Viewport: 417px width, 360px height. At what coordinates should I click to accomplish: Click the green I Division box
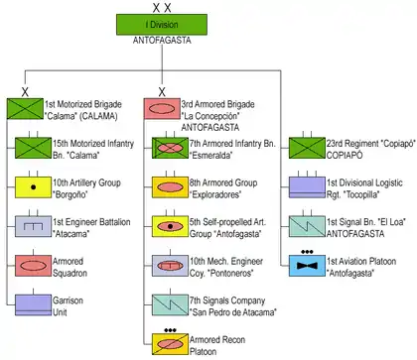pos(162,25)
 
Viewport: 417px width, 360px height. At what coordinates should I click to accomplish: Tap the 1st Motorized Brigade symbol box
pos(25,109)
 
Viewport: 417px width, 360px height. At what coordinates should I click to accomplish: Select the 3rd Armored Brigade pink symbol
pos(162,109)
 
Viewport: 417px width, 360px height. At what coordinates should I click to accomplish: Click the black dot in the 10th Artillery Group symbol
pos(33,187)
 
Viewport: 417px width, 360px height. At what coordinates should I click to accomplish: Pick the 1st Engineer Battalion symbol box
pos(33,226)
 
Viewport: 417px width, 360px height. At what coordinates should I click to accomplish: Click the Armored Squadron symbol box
pos(33,266)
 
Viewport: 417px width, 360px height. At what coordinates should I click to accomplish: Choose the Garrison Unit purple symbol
pos(33,304)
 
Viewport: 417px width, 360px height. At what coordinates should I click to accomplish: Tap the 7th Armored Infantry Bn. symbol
pos(170,148)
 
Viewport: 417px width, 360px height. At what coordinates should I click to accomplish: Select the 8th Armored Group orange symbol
pos(170,187)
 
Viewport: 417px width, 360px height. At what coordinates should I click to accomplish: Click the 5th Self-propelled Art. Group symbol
pos(170,226)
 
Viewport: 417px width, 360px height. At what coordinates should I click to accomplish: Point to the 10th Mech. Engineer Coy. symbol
pos(170,266)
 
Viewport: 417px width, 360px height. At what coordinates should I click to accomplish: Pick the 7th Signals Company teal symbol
pos(170,304)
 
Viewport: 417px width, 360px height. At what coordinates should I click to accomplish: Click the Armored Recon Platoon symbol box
pos(170,344)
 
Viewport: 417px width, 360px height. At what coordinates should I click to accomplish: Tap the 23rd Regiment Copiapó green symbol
pos(307,148)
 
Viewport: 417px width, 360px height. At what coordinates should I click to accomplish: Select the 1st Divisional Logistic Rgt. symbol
pos(307,187)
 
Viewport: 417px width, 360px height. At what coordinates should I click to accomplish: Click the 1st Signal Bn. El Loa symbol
pos(307,226)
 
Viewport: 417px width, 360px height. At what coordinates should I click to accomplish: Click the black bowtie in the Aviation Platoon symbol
pos(307,266)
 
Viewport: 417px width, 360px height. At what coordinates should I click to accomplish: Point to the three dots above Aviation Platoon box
pos(307,252)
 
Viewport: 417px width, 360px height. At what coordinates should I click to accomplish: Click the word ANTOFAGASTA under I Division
pos(162,41)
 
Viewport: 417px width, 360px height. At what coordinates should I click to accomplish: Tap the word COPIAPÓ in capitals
pos(345,155)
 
